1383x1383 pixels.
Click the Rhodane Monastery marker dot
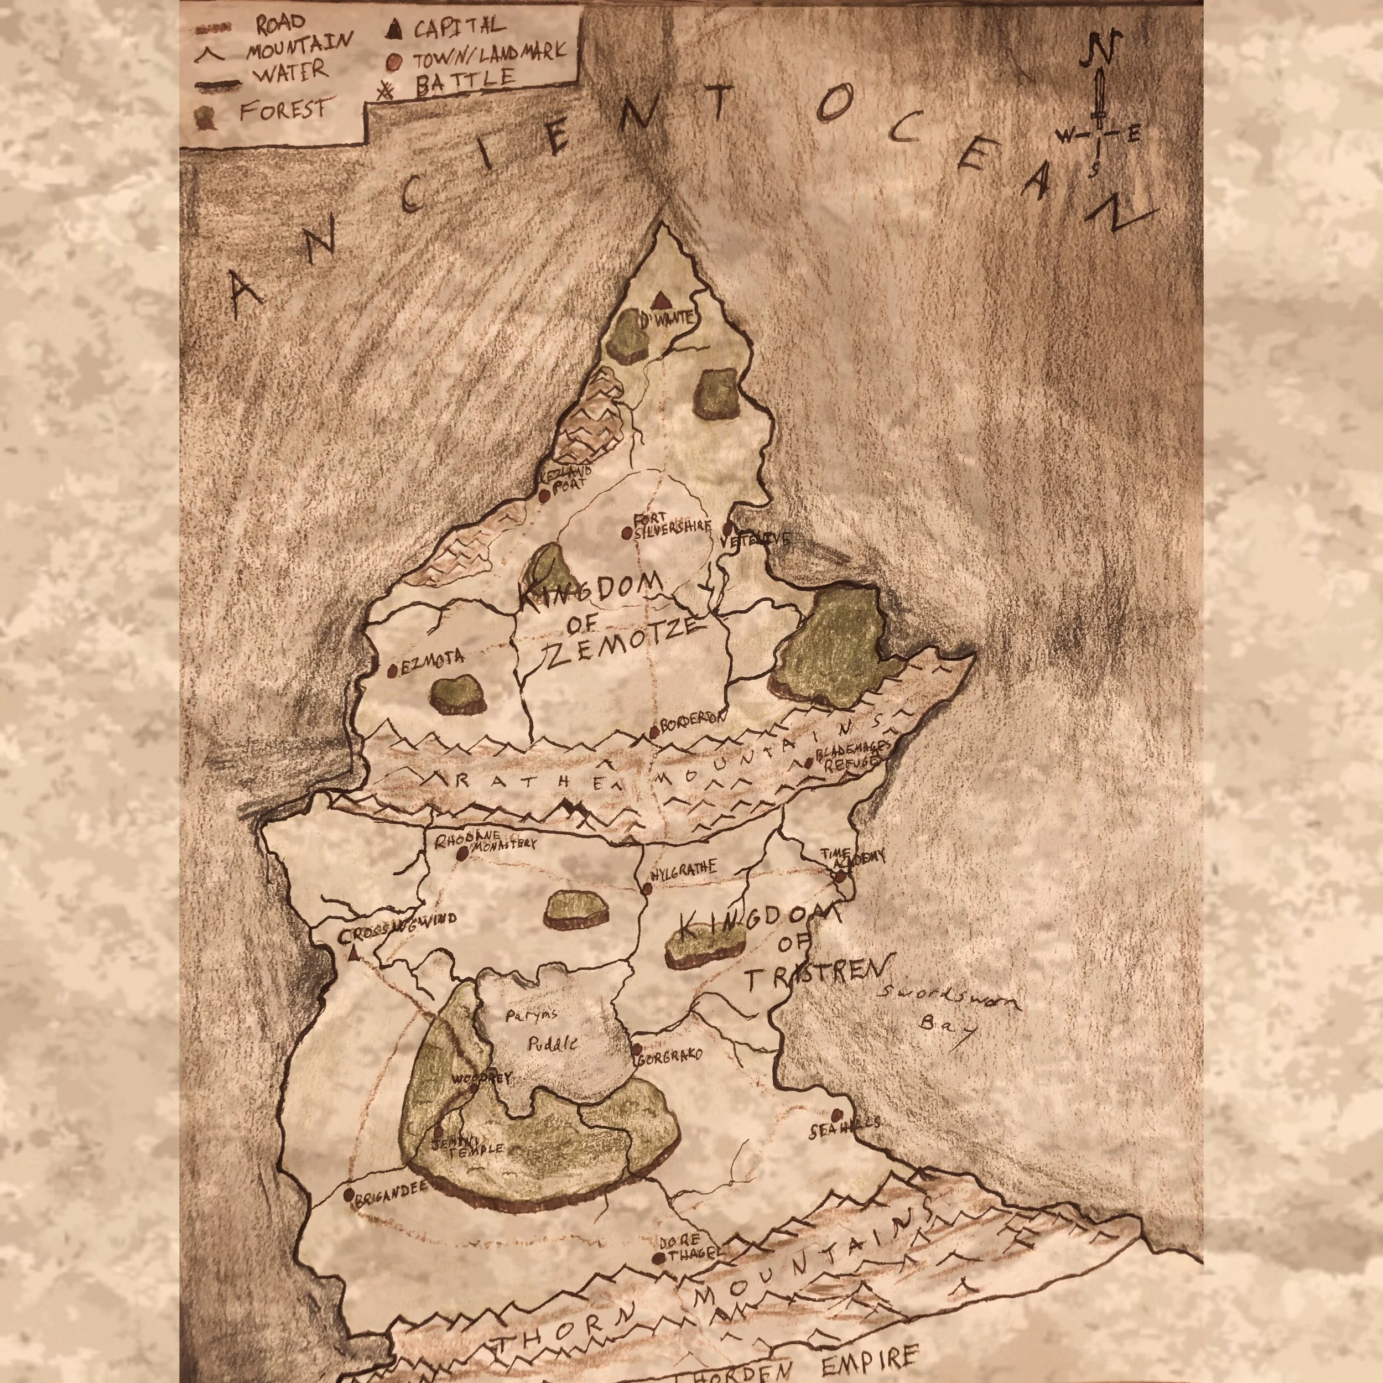pos(462,853)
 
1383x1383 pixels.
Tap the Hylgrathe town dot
pos(648,888)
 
